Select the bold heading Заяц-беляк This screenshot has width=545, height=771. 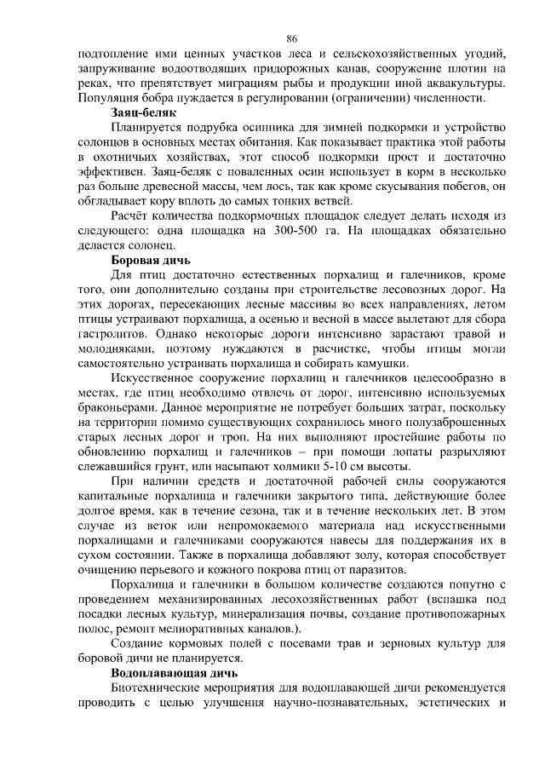(x=144, y=112)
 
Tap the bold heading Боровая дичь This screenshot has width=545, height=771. (x=152, y=259)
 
